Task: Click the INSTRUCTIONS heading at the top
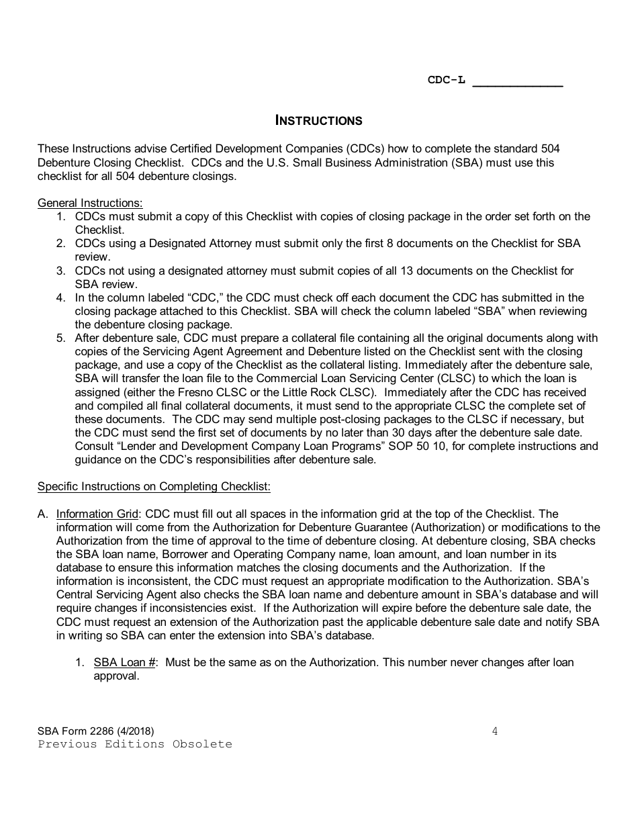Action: [x=319, y=121]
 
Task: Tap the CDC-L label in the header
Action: [x=447, y=81]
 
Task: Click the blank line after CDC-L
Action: [x=518, y=83]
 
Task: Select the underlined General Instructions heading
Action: [x=90, y=203]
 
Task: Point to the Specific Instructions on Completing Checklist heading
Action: [x=154, y=487]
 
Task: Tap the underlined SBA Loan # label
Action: [x=125, y=663]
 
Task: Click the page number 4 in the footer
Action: [x=495, y=732]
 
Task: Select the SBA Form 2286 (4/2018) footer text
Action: [x=91, y=732]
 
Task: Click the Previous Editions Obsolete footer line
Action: [x=135, y=744]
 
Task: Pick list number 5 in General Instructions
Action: [x=61, y=338]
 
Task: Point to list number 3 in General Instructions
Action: [x=61, y=271]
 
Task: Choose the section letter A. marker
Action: [x=43, y=514]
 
